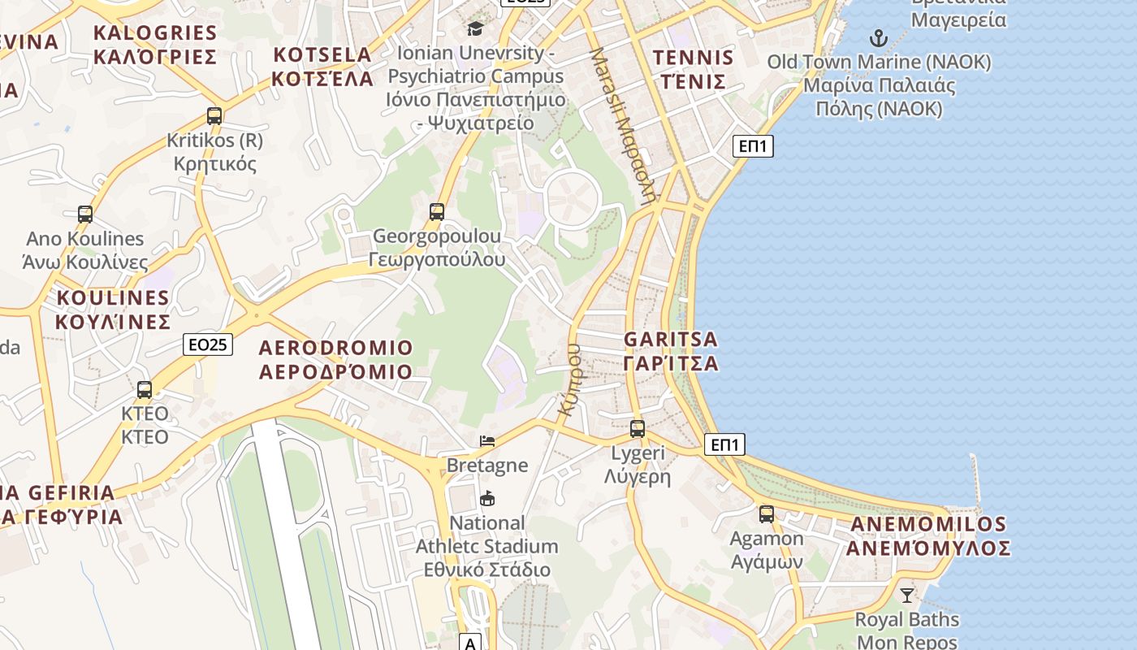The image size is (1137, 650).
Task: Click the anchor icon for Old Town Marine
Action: click(x=878, y=37)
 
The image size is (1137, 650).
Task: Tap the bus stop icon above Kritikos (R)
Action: click(x=214, y=116)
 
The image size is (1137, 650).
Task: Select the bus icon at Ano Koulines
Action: click(x=85, y=214)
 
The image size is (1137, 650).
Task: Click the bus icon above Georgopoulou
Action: click(x=437, y=212)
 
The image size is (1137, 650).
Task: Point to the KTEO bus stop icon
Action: click(x=145, y=390)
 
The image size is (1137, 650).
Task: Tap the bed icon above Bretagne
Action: click(x=487, y=441)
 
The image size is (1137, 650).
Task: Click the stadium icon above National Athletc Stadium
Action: click(x=487, y=498)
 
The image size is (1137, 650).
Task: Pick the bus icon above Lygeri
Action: click(x=638, y=428)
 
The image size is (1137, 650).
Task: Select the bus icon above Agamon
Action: click(x=767, y=513)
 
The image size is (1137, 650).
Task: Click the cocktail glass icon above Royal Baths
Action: click(x=907, y=595)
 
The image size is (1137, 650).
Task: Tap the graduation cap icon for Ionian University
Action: click(x=475, y=29)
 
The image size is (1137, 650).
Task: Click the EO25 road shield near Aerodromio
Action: click(x=207, y=344)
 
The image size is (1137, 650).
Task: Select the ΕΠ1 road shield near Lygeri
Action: click(x=724, y=444)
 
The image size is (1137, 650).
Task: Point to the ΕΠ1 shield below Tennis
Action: click(x=753, y=146)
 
